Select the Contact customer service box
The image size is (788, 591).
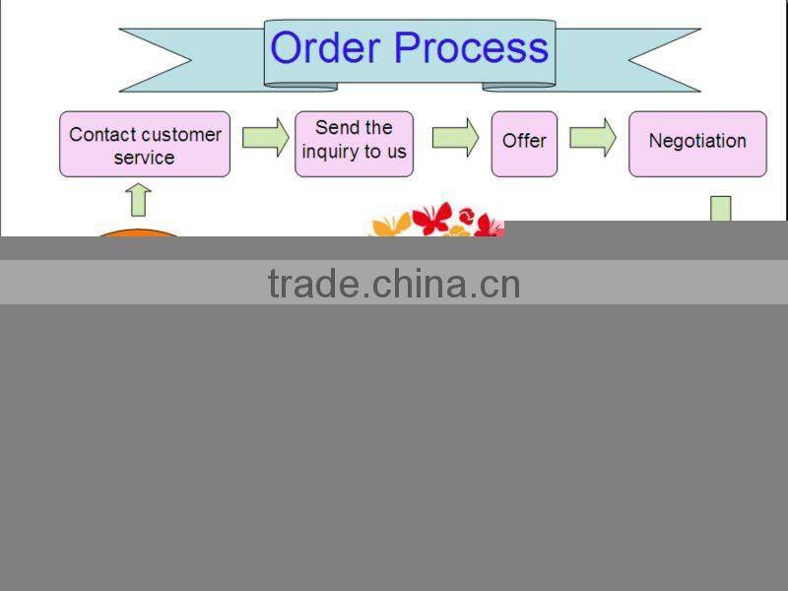tap(145, 145)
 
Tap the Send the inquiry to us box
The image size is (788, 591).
tap(354, 144)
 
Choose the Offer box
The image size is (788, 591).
tap(524, 144)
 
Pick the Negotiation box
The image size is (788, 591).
tap(697, 144)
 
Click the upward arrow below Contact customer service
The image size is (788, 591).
tap(139, 199)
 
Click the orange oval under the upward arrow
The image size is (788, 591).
tap(138, 233)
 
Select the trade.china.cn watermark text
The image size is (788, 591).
tap(394, 284)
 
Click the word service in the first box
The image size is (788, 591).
tap(144, 158)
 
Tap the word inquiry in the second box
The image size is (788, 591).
tap(333, 153)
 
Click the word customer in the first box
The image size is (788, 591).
tap(172, 134)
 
